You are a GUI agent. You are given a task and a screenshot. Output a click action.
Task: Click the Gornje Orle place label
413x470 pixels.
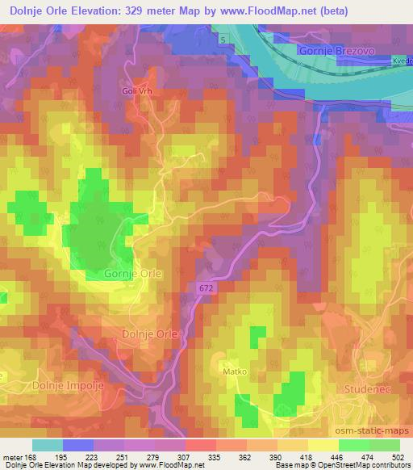click(133, 274)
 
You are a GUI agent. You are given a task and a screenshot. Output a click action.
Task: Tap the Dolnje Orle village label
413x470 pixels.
click(148, 334)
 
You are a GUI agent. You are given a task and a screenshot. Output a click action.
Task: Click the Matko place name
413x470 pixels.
click(235, 372)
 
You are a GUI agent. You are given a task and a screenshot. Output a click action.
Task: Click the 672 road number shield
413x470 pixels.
click(205, 287)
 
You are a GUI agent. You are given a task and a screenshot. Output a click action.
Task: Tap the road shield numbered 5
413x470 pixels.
click(222, 39)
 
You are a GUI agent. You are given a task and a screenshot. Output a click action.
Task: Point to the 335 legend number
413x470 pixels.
click(192, 457)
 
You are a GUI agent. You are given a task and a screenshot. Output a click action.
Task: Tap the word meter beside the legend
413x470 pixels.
click(11, 457)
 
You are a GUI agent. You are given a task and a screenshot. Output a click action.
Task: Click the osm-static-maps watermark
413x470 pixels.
click(373, 434)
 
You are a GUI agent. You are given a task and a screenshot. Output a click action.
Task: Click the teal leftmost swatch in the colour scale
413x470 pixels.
click(48, 445)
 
